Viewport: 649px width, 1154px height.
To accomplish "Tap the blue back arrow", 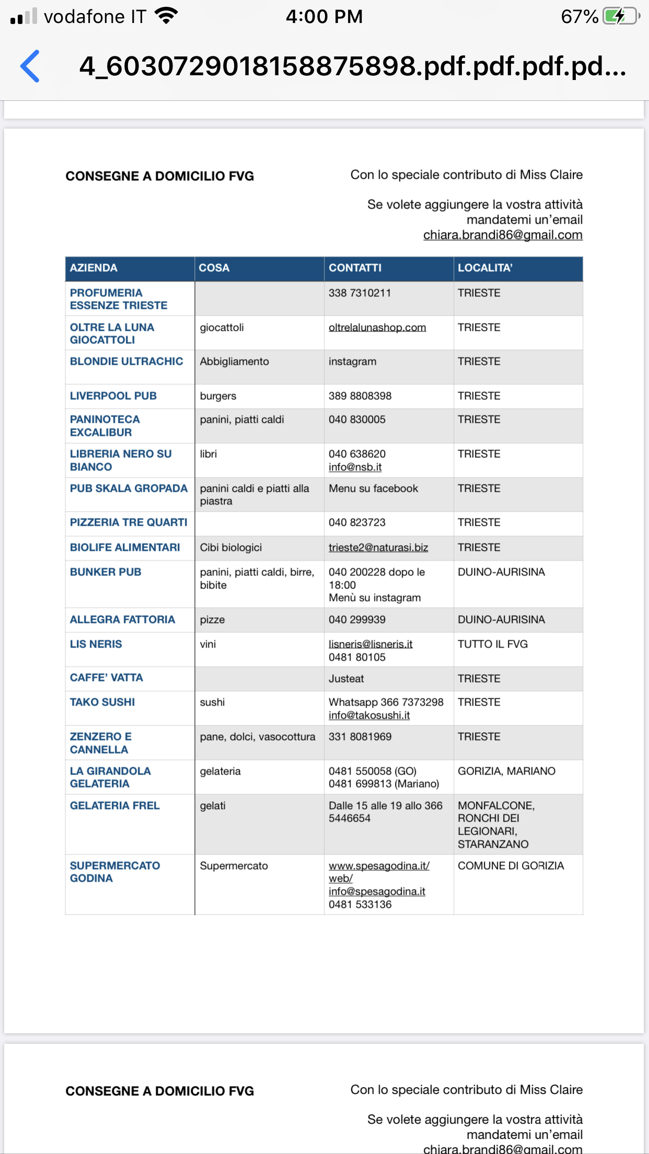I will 30,66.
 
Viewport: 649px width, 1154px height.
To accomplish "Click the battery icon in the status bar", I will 621,16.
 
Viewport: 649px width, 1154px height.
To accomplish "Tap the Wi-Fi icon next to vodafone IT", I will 167,16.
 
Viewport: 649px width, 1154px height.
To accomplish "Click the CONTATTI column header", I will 355,268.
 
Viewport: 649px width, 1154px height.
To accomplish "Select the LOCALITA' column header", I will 485,268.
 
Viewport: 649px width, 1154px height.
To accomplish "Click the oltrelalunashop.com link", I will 377,328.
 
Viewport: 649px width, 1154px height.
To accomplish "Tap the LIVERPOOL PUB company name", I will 113,396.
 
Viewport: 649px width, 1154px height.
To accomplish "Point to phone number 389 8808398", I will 360,396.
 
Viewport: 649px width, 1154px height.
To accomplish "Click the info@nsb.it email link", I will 355,467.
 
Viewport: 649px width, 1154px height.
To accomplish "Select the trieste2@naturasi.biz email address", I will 378,548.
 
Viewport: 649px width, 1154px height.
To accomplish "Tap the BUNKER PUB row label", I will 106,572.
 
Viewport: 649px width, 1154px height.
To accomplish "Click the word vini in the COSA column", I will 208,644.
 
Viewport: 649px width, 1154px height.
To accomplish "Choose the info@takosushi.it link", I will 369,716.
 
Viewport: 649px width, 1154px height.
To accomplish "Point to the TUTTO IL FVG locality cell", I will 493,644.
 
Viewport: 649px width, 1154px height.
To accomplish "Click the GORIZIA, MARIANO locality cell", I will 506,771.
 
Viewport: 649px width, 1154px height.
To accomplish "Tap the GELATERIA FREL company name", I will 115,806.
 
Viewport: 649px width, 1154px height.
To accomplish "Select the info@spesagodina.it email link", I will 377,892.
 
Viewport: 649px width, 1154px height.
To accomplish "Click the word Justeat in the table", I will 346,679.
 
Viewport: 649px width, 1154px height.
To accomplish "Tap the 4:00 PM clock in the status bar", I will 324,17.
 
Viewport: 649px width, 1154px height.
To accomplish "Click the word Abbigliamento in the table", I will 234,362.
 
